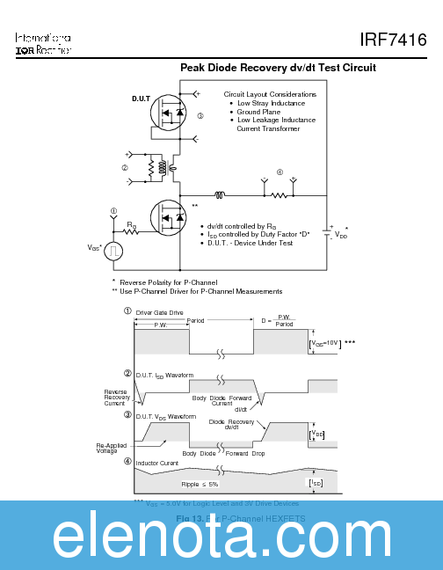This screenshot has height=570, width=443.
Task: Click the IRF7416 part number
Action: (x=393, y=40)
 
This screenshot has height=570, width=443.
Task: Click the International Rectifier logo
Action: (x=43, y=45)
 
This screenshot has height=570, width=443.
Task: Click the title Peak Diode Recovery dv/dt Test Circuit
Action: (x=278, y=68)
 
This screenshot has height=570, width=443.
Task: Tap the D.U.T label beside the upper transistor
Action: (x=142, y=98)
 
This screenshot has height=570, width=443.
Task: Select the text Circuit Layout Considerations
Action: (x=270, y=94)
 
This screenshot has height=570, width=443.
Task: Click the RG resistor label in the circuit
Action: (x=131, y=226)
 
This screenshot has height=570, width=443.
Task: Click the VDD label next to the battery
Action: (x=341, y=235)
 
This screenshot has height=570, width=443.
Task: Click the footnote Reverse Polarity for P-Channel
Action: (x=169, y=282)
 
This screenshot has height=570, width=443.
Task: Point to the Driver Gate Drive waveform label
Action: (x=159, y=311)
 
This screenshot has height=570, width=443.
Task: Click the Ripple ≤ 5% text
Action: (x=200, y=484)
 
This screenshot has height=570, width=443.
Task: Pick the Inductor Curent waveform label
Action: (x=156, y=463)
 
